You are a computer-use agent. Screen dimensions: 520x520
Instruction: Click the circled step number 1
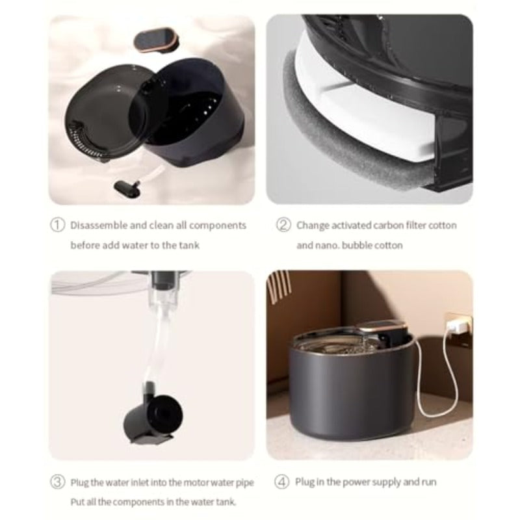58,225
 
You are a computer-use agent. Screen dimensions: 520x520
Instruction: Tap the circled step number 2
283,225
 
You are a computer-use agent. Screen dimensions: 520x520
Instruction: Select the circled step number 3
58,482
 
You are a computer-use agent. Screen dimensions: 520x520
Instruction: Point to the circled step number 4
283,482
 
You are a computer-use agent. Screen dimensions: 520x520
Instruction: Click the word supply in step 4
385,482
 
